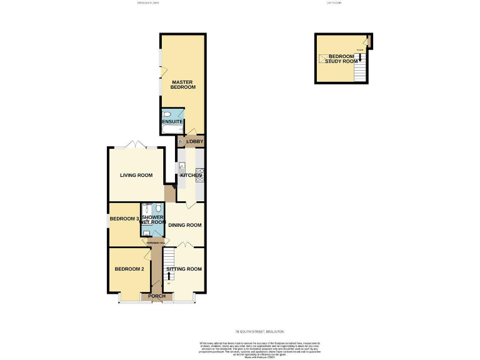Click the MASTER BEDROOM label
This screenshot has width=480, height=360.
click(183, 84)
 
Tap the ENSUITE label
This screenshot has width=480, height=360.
click(172, 121)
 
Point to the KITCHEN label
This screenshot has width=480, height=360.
click(191, 176)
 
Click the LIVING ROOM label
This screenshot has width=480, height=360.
click(136, 175)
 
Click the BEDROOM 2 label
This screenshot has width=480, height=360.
click(129, 269)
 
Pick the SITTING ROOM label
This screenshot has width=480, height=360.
click(184, 269)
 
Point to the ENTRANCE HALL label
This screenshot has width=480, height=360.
click(156, 242)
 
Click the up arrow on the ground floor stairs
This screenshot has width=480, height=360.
click(168, 276)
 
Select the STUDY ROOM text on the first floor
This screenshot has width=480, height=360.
click(343, 61)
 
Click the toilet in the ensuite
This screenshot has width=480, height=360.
click(167, 114)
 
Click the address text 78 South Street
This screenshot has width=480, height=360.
click(259, 331)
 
